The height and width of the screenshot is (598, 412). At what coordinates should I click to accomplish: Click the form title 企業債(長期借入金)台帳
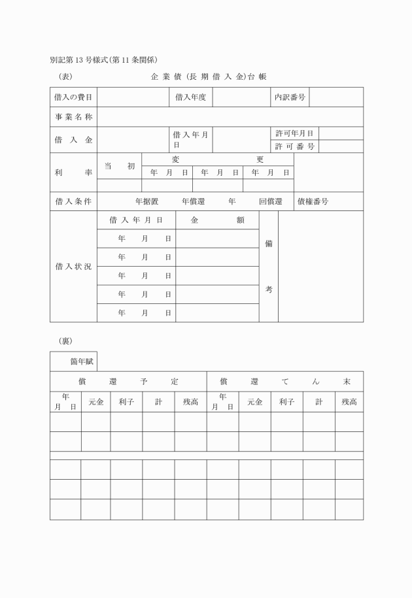pos(209,77)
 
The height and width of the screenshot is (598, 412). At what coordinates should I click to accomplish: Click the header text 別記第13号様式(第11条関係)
pos(103,59)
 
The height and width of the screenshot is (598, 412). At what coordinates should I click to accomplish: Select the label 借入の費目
pos(73,97)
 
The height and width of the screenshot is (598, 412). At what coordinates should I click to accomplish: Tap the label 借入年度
pos(190,97)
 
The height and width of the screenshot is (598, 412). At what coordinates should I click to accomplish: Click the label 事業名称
pos(73,117)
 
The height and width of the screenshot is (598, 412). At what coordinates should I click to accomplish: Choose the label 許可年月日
pos(294,133)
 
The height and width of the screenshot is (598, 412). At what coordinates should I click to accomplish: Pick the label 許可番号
pos(294,146)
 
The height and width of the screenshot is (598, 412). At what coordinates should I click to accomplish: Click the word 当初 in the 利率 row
pos(119,166)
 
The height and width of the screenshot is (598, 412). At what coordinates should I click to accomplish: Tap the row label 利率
pos(73,173)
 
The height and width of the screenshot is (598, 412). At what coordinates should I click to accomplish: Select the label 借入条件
pos(73,201)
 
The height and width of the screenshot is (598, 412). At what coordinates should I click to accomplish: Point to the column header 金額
pos(217,220)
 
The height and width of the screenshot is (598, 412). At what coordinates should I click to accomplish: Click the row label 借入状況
pos(73,267)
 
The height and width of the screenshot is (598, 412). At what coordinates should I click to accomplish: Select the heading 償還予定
pos(128,381)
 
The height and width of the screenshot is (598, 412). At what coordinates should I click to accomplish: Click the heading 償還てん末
pos(284,381)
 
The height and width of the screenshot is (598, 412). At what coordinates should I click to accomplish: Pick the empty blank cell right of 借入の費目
pos(133,97)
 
